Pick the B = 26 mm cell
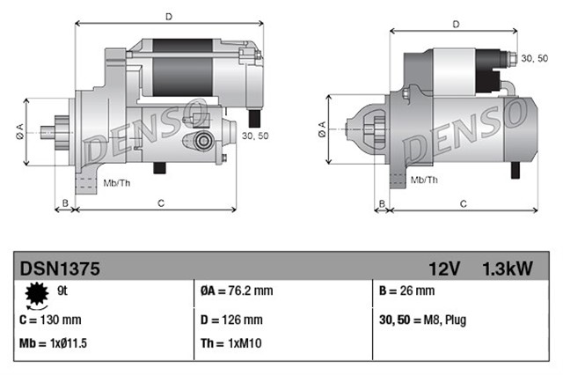tap(406, 291)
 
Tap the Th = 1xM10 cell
tap(225, 344)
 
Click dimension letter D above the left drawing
tap(168, 15)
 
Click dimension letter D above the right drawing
tap(455, 24)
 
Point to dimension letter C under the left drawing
tap(161, 204)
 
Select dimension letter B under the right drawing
tap(382, 204)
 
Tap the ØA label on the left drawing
tap(19, 132)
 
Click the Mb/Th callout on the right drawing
tap(424, 180)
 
